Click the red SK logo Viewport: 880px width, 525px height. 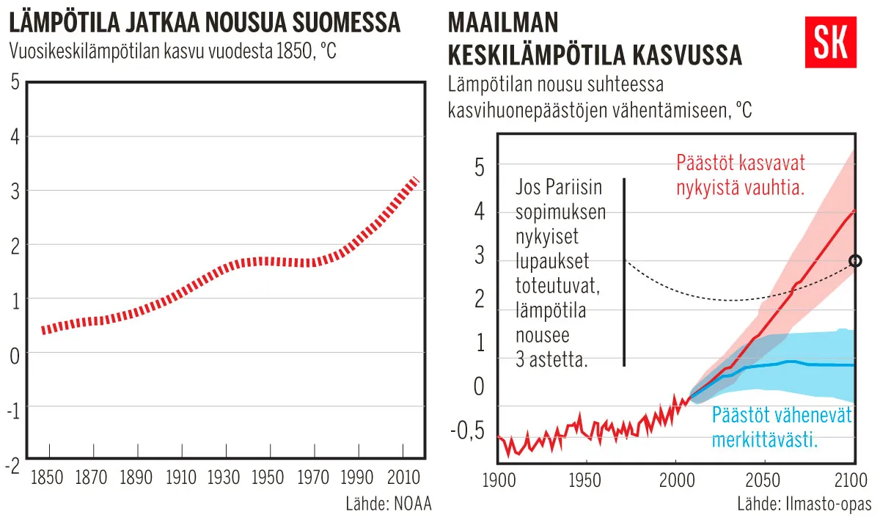[831, 43]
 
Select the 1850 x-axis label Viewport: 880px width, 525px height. [49, 478]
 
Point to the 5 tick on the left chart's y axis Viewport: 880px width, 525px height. [15, 81]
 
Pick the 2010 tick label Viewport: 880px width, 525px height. [402, 478]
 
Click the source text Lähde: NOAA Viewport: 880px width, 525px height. [389, 504]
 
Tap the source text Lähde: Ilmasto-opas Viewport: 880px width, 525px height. [804, 504]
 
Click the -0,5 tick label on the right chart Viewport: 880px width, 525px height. [466, 430]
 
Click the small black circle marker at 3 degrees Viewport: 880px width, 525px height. [854, 260]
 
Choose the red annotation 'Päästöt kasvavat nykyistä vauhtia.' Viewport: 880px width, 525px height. [741, 175]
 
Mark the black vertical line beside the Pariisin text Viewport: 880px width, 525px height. [624, 271]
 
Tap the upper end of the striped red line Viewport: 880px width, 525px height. [416, 180]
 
